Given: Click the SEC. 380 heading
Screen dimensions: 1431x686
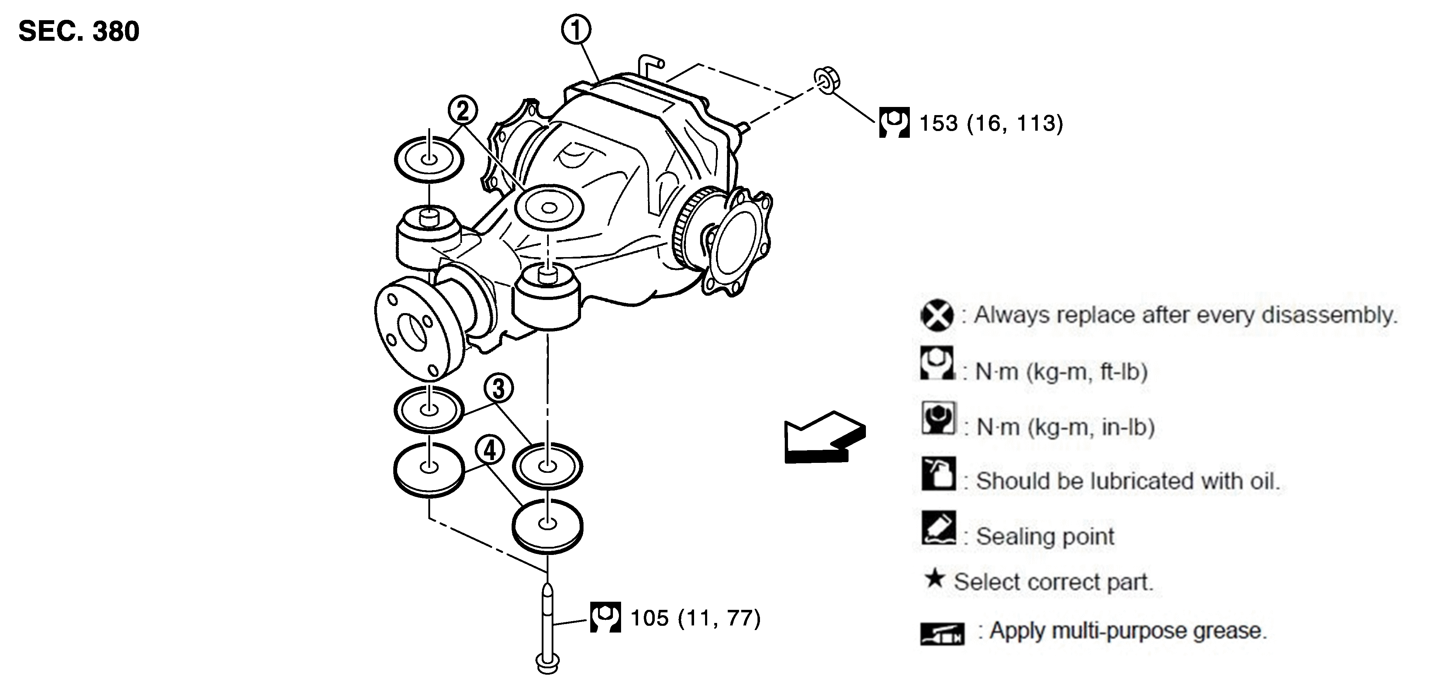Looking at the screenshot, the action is point(79,31).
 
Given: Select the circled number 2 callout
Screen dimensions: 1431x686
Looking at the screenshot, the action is point(463,110).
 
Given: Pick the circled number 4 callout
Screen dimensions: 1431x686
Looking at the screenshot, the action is point(489,450).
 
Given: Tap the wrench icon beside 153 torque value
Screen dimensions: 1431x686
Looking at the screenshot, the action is point(894,122).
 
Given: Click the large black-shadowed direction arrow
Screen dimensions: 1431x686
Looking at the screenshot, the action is point(824,437).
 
